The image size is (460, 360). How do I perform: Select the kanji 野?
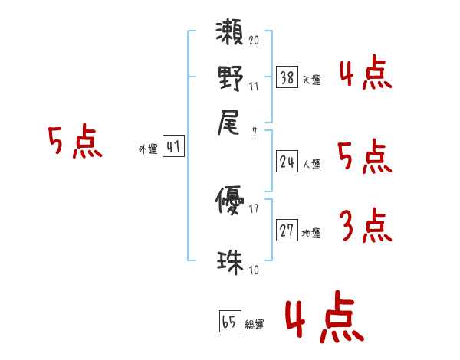click(230, 80)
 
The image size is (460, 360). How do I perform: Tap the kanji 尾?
click(230, 123)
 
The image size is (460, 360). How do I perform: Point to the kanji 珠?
click(230, 261)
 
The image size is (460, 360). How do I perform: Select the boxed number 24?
click(286, 161)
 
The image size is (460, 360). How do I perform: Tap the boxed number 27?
click(286, 231)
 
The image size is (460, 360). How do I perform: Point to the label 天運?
click(311, 80)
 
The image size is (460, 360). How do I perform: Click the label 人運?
click(311, 163)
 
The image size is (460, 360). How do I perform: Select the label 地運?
click(311, 233)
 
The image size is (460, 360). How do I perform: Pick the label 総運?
click(255, 324)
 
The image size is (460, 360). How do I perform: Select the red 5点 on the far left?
click(75, 142)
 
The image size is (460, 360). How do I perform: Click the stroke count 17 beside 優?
click(254, 208)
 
